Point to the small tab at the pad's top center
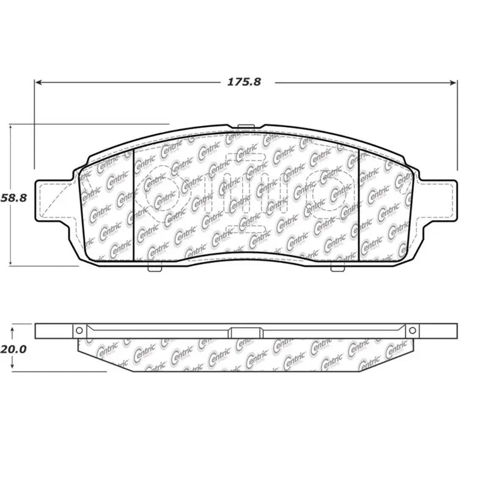(x=245, y=127)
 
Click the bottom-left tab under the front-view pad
(x=155, y=267)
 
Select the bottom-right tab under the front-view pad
(x=337, y=267)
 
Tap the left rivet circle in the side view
(x=79, y=331)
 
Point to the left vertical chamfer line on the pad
(x=133, y=205)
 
